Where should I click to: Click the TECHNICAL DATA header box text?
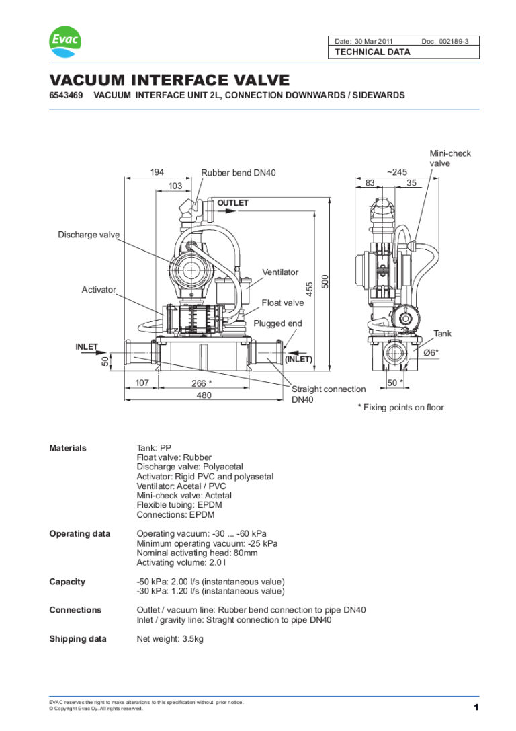click(x=372, y=52)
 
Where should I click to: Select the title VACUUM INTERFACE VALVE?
click(x=169, y=80)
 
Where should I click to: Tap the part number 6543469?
click(x=66, y=95)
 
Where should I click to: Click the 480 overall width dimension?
click(x=204, y=395)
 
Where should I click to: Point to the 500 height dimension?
click(x=325, y=282)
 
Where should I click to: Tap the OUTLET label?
click(x=232, y=202)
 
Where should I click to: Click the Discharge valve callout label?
click(x=89, y=235)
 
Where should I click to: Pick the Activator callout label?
click(x=99, y=290)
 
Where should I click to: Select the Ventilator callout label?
click(x=280, y=272)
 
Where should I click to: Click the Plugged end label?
click(x=277, y=323)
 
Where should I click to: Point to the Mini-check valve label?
click(x=450, y=158)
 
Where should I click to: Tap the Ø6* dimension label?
click(x=431, y=352)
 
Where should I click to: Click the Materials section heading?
click(x=68, y=448)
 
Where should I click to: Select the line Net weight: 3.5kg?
click(x=170, y=638)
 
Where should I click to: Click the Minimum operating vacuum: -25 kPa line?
click(x=207, y=543)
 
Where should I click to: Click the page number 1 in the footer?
click(x=476, y=707)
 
